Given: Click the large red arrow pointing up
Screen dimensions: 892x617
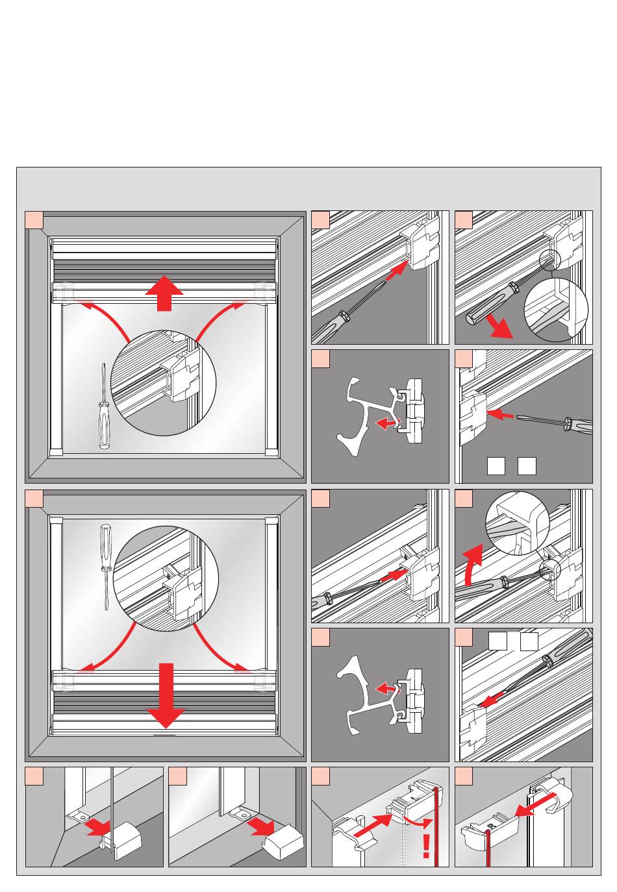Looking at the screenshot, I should click(164, 293).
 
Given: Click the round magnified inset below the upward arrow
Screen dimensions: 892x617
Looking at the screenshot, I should click(163, 382).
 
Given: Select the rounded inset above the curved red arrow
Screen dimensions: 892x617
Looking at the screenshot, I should click(517, 523).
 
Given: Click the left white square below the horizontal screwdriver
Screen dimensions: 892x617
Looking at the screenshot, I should click(496, 466).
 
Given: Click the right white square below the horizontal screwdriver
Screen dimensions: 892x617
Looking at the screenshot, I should click(527, 466).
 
